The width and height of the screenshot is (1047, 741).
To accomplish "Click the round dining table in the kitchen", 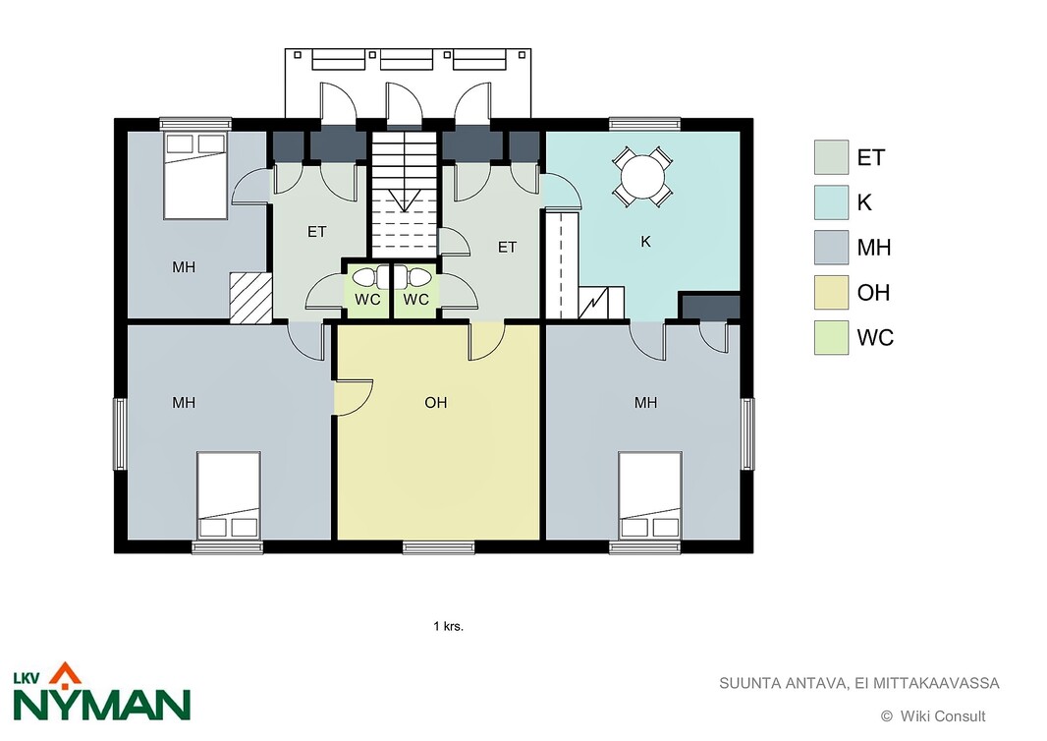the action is pos(642,176).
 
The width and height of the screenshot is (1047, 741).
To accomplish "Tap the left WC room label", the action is pos(367,300).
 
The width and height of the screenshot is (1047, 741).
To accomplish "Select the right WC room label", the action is pos(416,300).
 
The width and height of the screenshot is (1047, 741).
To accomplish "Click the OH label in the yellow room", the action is pos(435,402).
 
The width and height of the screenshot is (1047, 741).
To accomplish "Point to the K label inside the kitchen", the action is pos(645,242).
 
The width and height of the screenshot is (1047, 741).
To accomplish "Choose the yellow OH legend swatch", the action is pos(831,293).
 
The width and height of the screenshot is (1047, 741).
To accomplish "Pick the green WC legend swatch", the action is pos(831,337).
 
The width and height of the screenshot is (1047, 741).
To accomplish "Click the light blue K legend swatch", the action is pos(831,202).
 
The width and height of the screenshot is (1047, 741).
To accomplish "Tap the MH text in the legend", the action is pos(874,248).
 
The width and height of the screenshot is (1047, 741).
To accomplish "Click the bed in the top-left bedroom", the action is pos(195,175).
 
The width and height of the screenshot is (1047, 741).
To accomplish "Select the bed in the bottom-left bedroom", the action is pos(229,495).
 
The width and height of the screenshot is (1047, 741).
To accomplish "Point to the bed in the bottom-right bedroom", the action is pos(649,495).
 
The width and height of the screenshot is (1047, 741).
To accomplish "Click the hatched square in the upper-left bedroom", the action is pos(251,298).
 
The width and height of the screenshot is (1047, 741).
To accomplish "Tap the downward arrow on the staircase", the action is pos(404,200).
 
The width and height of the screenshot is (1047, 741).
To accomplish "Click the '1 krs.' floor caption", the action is pos(448,626).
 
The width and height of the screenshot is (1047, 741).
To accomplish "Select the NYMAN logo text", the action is pos(102,704).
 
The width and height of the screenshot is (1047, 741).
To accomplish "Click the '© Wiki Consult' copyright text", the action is pos(933,716).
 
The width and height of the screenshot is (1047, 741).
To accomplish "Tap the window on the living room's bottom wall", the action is pos(438,547).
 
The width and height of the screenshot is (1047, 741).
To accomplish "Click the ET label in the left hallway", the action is pos(317,232).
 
